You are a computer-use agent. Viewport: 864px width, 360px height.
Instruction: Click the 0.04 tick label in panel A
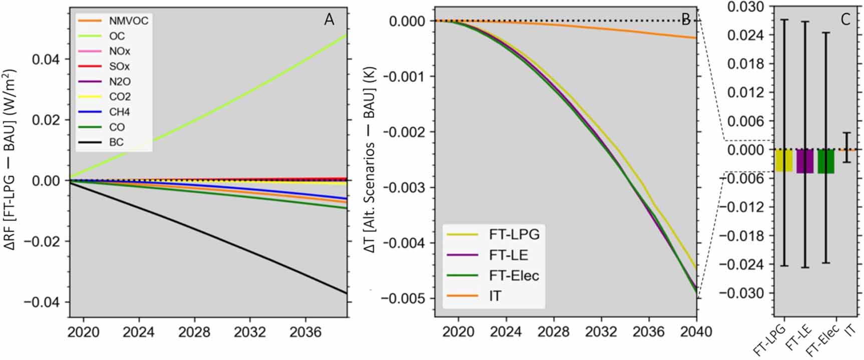pos(45,60)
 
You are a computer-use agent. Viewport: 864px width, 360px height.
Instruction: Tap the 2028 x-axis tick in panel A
pos(194,332)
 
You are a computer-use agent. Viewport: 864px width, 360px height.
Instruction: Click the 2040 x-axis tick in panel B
pos(696,332)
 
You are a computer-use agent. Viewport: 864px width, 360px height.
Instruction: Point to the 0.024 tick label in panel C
pos(746,36)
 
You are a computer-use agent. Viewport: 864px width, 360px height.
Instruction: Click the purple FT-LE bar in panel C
pos(805,161)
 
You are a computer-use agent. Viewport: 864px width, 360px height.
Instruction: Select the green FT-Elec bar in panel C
pos(826,161)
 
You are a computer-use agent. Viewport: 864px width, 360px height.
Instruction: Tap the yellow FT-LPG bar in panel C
pos(784,160)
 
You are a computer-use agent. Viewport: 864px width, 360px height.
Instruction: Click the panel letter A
pos(329,20)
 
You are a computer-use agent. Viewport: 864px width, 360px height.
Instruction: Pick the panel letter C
pos(845,20)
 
